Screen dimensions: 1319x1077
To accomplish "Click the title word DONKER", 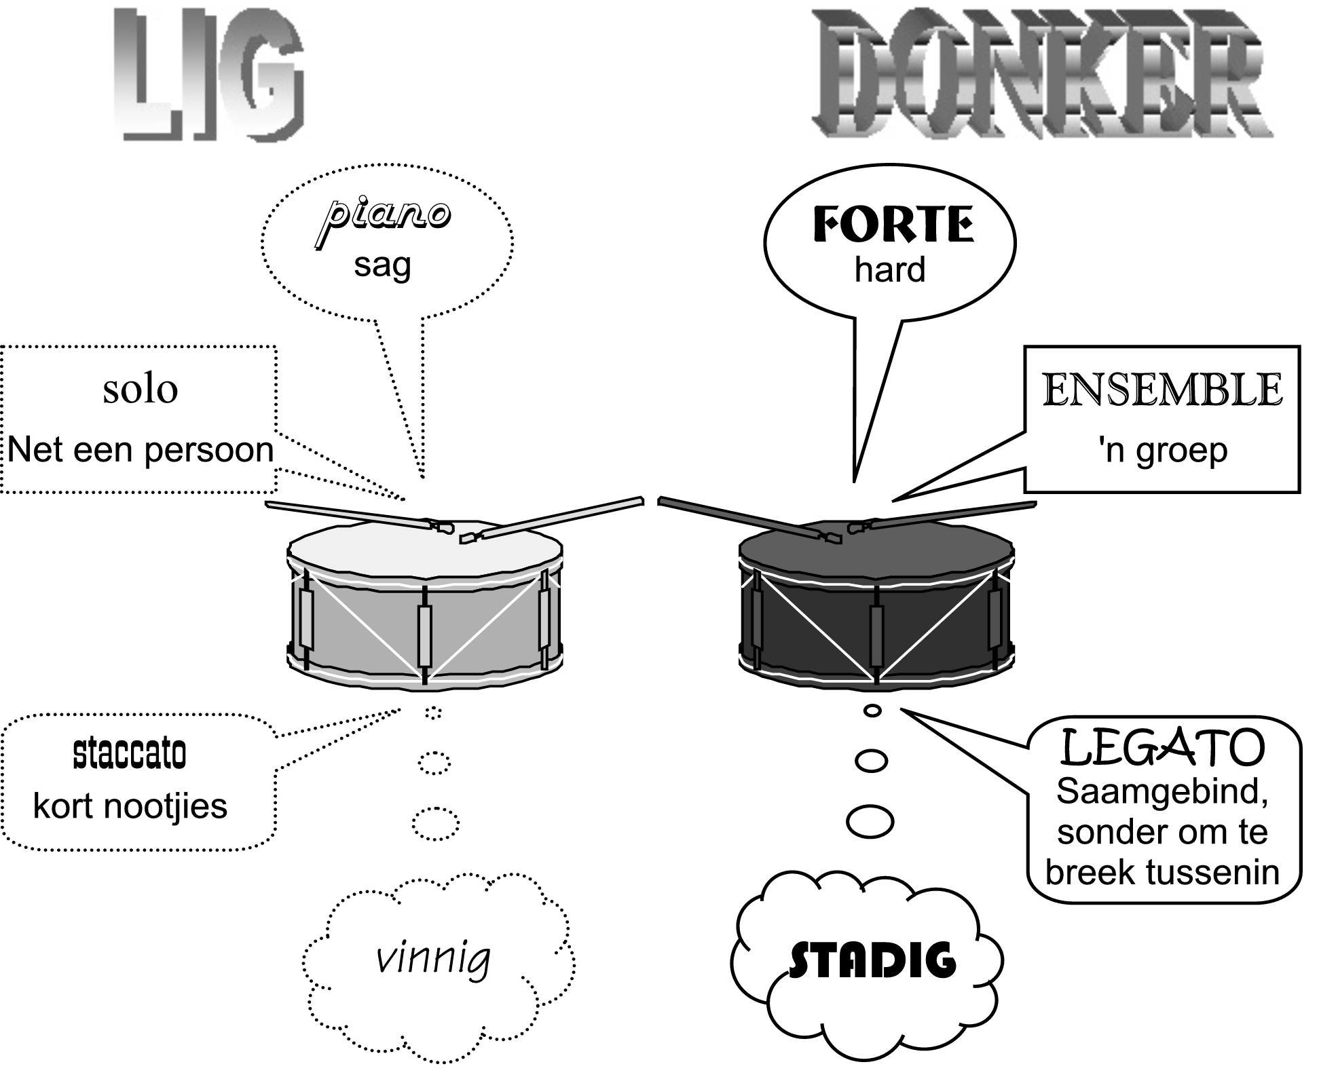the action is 1042,73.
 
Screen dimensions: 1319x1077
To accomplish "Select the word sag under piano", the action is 382,266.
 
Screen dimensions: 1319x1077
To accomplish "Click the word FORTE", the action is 893,225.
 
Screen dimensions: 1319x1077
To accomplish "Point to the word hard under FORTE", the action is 890,269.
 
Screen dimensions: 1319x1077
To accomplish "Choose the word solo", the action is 141,390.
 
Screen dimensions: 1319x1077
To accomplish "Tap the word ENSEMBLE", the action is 1162,390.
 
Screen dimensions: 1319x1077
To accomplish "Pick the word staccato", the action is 130,753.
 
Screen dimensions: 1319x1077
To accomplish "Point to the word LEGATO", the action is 1163,748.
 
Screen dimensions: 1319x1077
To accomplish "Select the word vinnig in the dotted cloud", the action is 433,959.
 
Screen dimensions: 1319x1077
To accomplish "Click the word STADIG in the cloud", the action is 873,960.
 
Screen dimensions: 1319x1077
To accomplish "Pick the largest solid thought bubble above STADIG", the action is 870,821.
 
